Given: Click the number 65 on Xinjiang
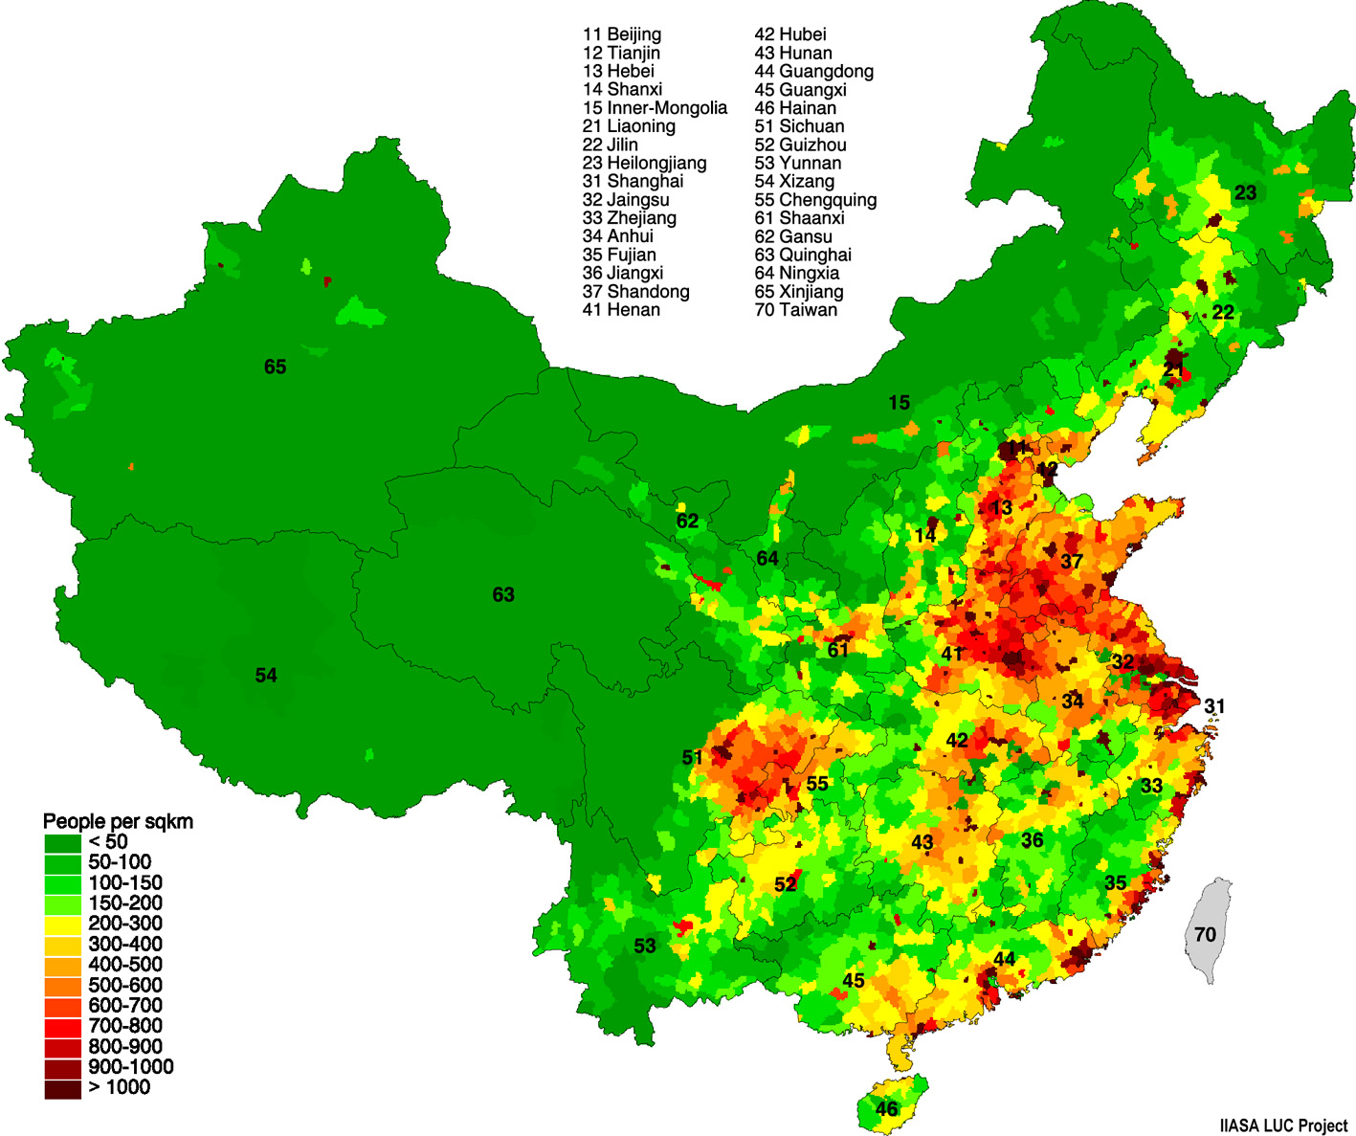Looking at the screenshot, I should [275, 367].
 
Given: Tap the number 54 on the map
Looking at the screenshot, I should [266, 676].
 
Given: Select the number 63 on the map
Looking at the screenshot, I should [503, 595].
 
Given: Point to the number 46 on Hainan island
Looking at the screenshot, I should [887, 1109].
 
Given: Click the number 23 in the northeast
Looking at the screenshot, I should [1245, 193].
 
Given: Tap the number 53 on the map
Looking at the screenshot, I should [645, 946].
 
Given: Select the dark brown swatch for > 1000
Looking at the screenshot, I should [62, 1088].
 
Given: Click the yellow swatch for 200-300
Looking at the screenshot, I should [62, 924].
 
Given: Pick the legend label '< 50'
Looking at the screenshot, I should [108, 842].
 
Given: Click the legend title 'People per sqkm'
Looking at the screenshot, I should [118, 821].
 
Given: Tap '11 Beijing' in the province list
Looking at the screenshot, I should [622, 34].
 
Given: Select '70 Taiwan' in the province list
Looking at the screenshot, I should [795, 310].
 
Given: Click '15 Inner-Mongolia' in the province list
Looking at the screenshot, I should [655, 108].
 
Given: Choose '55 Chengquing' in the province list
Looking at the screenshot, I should [815, 200].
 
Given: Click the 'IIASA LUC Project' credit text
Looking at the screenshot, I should [1283, 1125].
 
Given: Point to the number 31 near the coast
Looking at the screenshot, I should [1214, 706].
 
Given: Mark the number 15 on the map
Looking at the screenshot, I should [899, 403].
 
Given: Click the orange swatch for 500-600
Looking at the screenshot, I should [62, 986].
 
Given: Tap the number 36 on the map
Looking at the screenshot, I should [1032, 840].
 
